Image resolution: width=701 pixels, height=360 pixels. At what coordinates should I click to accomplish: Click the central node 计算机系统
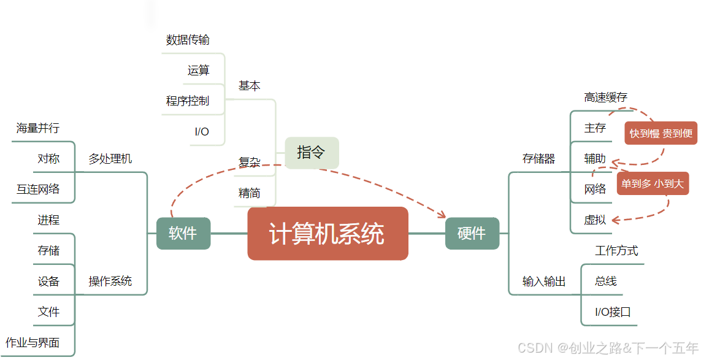click(328, 234)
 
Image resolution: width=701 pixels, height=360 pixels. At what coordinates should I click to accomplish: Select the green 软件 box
click(183, 234)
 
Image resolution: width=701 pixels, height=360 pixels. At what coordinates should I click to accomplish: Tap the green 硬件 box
click(472, 234)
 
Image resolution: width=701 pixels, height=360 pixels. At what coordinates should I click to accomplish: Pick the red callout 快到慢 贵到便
click(661, 133)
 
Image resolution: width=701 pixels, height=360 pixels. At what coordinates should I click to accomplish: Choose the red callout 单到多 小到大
click(653, 183)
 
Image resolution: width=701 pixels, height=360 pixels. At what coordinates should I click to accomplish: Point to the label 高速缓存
click(605, 98)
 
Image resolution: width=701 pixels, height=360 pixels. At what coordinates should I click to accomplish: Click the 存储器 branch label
click(538, 159)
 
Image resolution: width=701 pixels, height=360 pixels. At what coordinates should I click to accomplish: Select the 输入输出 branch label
click(543, 281)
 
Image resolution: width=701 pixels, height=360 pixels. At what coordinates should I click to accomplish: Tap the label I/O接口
click(613, 312)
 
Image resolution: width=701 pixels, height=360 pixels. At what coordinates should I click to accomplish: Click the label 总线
click(605, 281)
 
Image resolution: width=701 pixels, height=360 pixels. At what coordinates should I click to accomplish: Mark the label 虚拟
click(595, 220)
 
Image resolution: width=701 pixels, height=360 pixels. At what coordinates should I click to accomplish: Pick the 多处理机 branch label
click(110, 159)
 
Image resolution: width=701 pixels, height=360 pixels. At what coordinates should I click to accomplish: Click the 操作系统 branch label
click(110, 281)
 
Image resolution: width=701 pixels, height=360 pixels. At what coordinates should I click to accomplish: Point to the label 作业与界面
click(33, 343)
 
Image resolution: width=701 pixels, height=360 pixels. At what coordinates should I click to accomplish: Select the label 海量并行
click(37, 128)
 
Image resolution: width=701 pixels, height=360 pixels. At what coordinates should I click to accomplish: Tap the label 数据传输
click(188, 40)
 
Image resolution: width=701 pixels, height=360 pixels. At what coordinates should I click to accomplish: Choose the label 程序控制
click(187, 101)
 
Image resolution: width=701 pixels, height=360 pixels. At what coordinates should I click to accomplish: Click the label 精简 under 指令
click(249, 193)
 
